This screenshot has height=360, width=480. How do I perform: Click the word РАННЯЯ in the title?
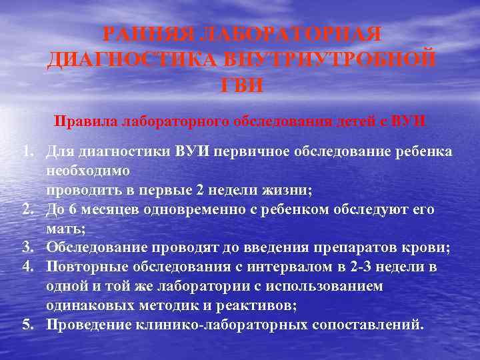coord(150,35)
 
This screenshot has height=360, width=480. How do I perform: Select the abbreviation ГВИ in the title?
coord(241,85)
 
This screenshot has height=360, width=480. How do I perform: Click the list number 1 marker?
coord(26,151)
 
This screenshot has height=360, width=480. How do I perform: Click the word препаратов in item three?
coord(355,248)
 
